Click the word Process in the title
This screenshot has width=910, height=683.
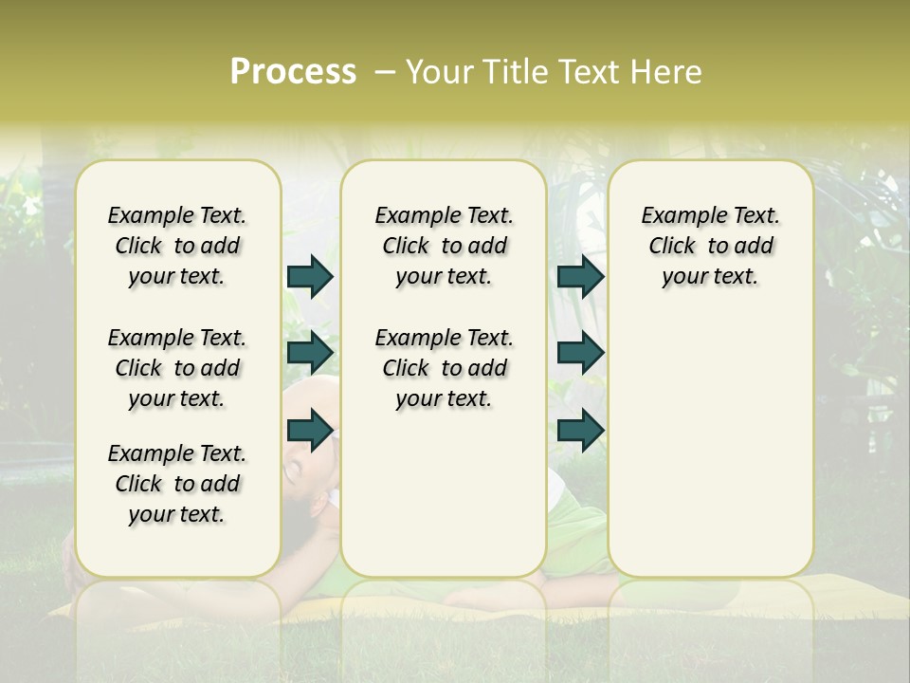(293, 72)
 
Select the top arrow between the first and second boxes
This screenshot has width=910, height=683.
(310, 276)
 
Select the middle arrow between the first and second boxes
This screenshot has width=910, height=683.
(310, 353)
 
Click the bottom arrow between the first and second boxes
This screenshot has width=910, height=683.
(310, 431)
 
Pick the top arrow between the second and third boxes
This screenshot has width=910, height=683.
(580, 276)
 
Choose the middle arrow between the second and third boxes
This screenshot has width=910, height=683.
(580, 353)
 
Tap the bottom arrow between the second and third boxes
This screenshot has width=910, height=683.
(580, 431)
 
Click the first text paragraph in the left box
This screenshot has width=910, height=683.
(177, 246)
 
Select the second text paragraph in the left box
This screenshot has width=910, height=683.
(177, 368)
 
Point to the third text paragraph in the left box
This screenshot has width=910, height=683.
(177, 484)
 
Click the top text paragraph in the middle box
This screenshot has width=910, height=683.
(444, 246)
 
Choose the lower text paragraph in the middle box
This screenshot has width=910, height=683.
(444, 368)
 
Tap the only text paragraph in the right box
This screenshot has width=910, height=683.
(711, 246)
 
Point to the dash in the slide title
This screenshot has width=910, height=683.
(385, 72)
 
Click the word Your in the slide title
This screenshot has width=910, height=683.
(438, 72)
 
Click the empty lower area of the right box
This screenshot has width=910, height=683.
(711, 455)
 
